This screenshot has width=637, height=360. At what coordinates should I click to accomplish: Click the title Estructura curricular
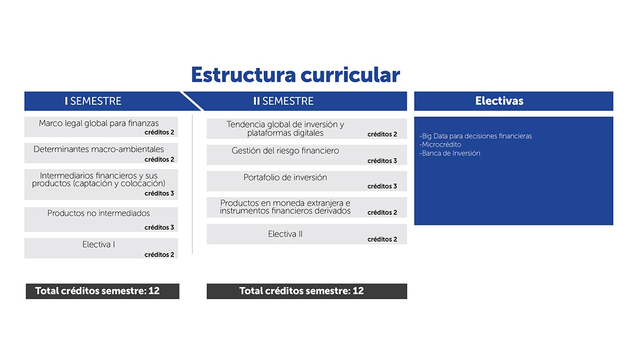click(x=295, y=75)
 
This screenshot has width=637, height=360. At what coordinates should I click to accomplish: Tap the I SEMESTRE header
click(x=93, y=101)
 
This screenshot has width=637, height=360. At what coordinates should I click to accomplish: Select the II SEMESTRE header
click(x=283, y=101)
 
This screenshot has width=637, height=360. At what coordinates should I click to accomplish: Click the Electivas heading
click(x=499, y=101)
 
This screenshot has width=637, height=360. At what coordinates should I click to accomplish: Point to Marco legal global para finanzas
click(x=99, y=123)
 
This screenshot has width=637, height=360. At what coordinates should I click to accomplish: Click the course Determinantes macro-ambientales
click(x=99, y=150)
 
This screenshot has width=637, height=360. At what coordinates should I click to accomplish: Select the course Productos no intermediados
click(x=98, y=213)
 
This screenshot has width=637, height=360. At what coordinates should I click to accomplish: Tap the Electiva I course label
click(x=99, y=244)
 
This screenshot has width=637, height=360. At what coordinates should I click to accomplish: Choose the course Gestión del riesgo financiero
click(x=285, y=151)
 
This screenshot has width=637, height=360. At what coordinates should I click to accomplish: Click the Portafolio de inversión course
click(x=285, y=178)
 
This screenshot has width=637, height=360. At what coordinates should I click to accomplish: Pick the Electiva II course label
click(x=285, y=234)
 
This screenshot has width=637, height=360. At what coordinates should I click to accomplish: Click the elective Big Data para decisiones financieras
click(x=475, y=136)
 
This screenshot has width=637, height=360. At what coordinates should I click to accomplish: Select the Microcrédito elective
click(x=440, y=145)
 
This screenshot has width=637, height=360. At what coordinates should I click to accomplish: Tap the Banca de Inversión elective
click(x=450, y=153)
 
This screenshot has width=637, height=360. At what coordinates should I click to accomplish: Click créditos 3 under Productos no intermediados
click(x=159, y=227)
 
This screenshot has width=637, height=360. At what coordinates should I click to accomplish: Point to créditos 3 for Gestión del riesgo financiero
click(x=382, y=161)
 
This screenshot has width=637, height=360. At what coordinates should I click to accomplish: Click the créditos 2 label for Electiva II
click(x=382, y=239)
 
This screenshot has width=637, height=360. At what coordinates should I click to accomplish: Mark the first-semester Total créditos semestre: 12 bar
click(x=103, y=291)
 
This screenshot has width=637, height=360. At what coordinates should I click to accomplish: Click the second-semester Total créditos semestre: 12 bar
click(x=307, y=291)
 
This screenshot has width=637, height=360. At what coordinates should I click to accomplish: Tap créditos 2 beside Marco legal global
click(x=159, y=132)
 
